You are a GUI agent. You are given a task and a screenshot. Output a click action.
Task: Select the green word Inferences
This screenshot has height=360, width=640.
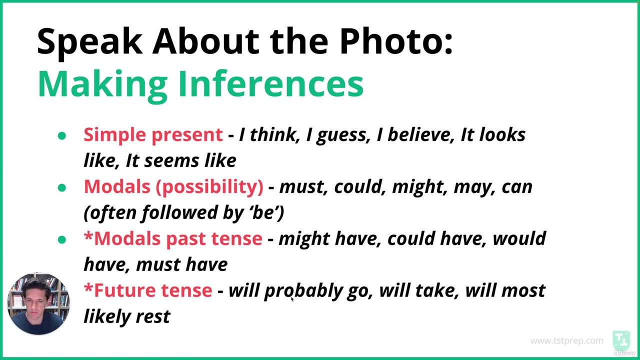[270, 83]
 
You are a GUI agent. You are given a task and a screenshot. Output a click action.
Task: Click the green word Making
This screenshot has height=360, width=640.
[102, 83]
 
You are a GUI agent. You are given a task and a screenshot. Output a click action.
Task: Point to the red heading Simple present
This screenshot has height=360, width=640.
[153, 134]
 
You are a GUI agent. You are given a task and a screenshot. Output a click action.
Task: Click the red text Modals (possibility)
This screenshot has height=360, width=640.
[173, 186]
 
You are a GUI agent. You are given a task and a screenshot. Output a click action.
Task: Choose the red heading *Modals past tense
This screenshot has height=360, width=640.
[173, 238]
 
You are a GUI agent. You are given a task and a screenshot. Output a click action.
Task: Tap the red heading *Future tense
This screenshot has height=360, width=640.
[148, 290]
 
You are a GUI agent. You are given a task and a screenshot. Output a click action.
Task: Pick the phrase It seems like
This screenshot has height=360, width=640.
[180, 160]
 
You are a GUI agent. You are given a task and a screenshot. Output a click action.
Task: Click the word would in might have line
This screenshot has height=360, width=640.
[519, 238]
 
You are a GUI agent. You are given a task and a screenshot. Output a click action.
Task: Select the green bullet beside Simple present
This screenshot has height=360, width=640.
[62, 135]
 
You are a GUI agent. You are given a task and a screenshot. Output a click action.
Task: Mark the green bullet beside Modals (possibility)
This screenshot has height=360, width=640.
[62, 187]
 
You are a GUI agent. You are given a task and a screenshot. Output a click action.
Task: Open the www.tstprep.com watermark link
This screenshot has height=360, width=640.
[566, 340]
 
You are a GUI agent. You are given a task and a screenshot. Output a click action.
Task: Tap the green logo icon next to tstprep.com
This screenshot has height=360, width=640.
[621, 340]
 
